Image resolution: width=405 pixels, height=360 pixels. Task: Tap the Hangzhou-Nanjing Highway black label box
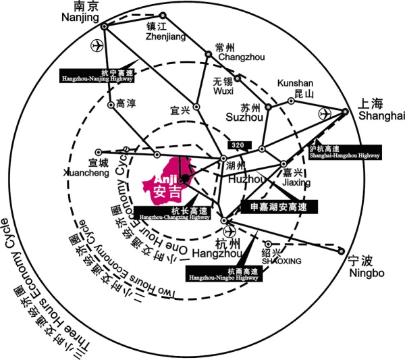tap(97, 75)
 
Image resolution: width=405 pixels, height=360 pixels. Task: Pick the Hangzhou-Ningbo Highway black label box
tap(217, 274)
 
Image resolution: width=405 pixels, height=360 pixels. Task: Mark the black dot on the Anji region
tap(186, 179)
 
